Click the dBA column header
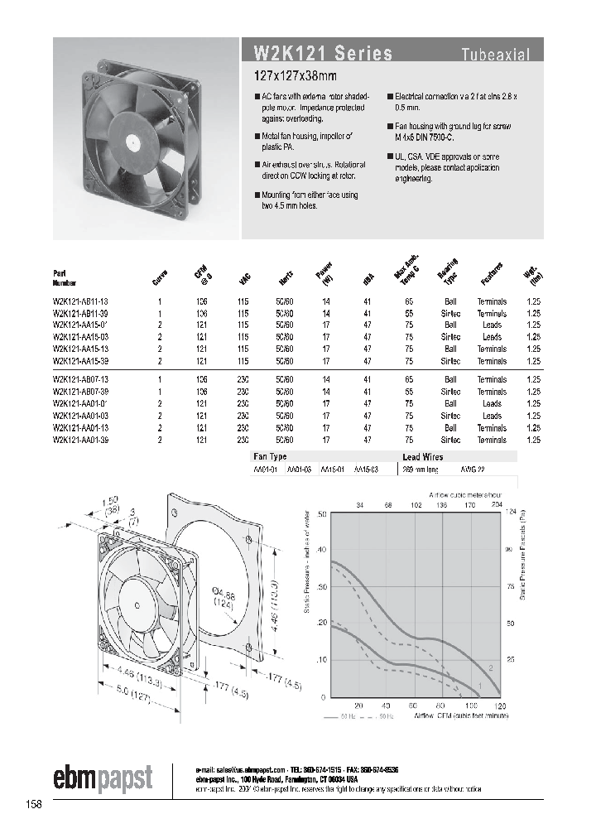click(x=367, y=280)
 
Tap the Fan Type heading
click(x=269, y=456)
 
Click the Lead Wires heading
click(x=422, y=456)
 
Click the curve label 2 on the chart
click(x=491, y=667)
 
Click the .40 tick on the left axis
click(x=322, y=550)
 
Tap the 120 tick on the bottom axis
click(x=500, y=706)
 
